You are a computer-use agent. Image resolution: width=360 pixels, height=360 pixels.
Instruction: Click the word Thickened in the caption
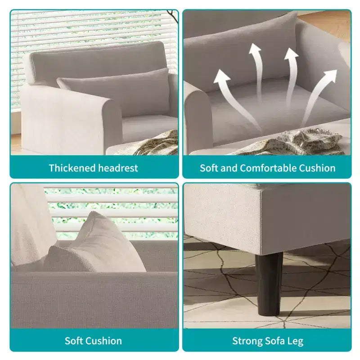(72, 168)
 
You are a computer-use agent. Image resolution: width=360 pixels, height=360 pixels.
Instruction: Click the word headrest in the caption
(118, 168)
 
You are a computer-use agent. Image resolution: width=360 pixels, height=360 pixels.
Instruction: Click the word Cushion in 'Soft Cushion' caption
(105, 341)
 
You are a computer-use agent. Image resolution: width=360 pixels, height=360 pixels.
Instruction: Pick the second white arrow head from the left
(255, 49)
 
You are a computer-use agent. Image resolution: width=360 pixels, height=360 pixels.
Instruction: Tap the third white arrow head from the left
(292, 54)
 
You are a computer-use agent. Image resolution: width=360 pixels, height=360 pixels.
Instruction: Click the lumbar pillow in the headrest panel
(114, 91)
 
